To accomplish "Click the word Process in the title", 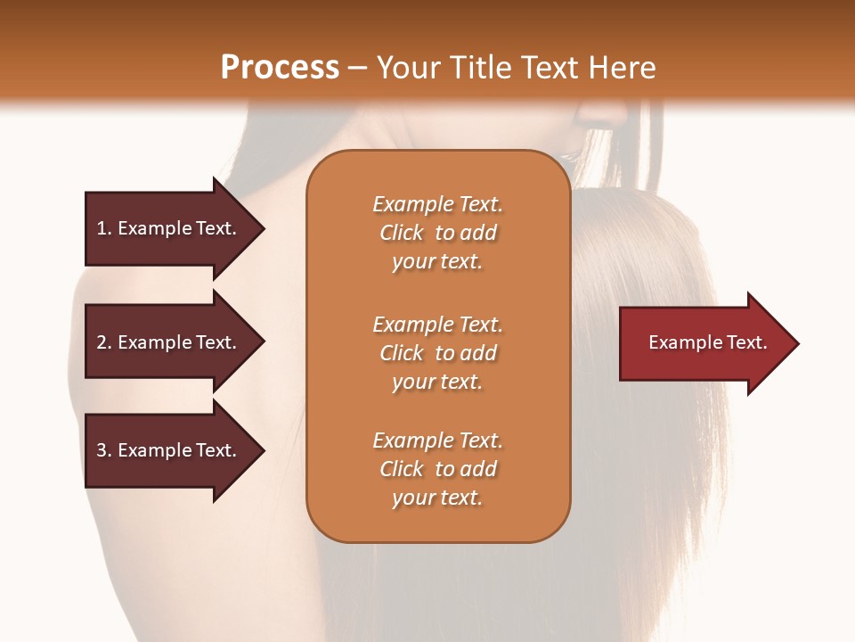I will pyautogui.click(x=280, y=68).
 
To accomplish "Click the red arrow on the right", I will pyautogui.click(x=704, y=343).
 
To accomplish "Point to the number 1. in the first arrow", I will pyautogui.click(x=104, y=228).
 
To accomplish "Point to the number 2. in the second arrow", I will pyautogui.click(x=104, y=342).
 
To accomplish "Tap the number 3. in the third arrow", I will pyautogui.click(x=104, y=450).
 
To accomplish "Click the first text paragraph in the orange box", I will pyautogui.click(x=437, y=233).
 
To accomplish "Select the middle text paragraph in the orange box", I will pyautogui.click(x=437, y=353).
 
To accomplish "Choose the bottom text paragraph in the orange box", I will pyautogui.click(x=437, y=469).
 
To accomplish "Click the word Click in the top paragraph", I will pyautogui.click(x=402, y=233).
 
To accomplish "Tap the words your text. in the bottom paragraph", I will pyautogui.click(x=437, y=498).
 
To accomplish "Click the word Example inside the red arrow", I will pyautogui.click(x=680, y=342).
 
